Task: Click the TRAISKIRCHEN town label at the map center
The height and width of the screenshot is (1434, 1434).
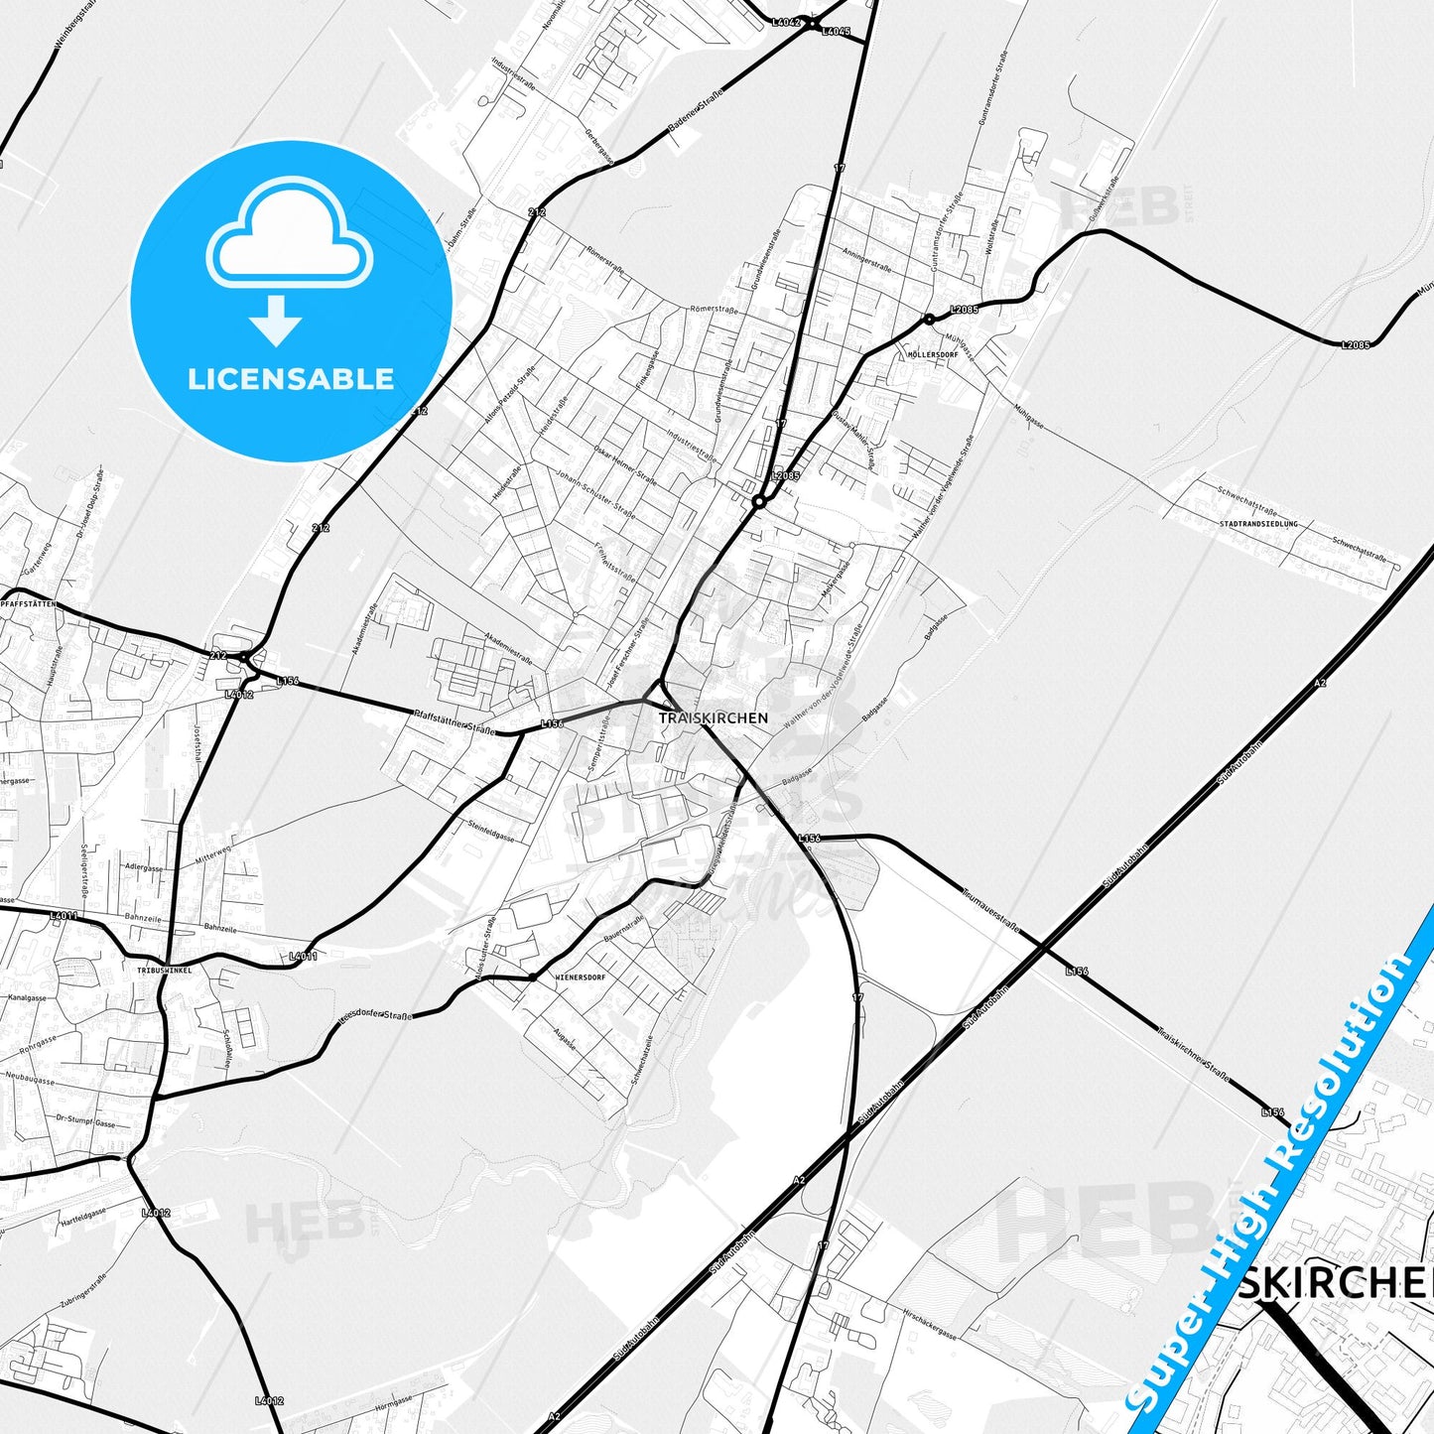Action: click(713, 717)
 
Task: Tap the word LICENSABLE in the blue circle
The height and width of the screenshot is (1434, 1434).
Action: click(291, 379)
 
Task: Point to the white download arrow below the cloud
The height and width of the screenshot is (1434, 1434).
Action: click(276, 321)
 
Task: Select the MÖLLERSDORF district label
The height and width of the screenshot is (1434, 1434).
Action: click(933, 354)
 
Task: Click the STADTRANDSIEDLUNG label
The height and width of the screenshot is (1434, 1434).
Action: click(1257, 523)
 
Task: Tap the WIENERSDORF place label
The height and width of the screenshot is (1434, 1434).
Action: click(581, 977)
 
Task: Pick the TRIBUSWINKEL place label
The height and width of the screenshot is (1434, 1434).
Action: click(165, 971)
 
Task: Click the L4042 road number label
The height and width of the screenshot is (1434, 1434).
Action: click(786, 22)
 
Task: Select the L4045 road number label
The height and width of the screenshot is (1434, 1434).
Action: click(836, 32)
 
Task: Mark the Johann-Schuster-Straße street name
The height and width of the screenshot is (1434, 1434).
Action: click(595, 492)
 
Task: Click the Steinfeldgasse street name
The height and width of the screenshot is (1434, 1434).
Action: click(491, 830)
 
